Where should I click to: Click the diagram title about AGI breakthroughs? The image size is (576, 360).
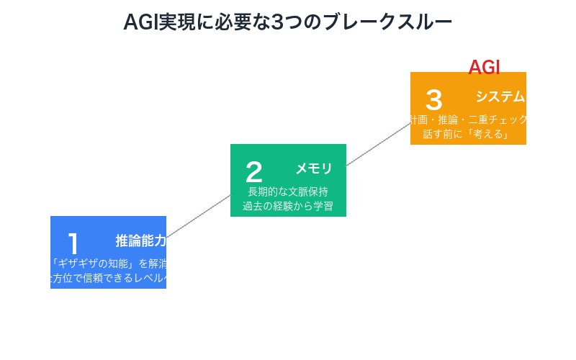(287, 22)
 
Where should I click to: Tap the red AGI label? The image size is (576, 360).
(484, 67)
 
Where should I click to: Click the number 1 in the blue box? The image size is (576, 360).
(73, 244)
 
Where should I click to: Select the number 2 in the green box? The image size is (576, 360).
(253, 172)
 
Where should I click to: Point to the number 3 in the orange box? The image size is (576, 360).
(433, 100)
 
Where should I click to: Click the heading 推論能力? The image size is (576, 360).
(140, 240)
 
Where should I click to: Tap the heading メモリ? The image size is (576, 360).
(314, 168)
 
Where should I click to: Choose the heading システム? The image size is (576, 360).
(500, 96)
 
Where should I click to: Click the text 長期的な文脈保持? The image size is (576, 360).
(288, 192)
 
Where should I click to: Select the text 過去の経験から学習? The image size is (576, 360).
(288, 206)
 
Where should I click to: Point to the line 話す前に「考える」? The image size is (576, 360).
(468, 134)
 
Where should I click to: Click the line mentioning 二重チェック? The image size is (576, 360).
(469, 120)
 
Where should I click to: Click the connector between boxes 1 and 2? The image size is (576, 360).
(198, 216)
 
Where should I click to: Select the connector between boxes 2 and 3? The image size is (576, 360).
(378, 144)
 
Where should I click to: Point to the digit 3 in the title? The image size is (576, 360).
(276, 22)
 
